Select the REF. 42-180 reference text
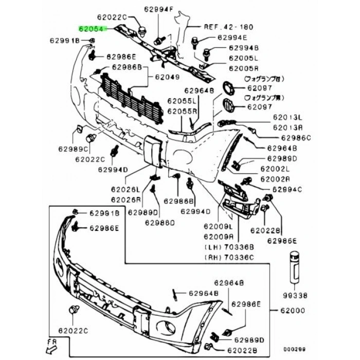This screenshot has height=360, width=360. pyautogui.click(x=223, y=27)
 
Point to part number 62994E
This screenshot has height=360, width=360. pyautogui.click(x=232, y=37)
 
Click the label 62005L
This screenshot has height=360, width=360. pyautogui.click(x=244, y=59)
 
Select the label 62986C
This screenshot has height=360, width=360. pyautogui.click(x=296, y=138)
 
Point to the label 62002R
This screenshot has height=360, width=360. pyautogui.click(x=275, y=179)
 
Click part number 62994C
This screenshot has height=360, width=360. pyautogui.click(x=287, y=190)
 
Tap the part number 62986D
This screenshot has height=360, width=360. pyautogui.click(x=159, y=223)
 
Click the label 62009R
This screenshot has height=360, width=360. pyautogui.click(x=219, y=237)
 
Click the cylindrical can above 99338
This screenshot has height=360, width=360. pyautogui.click(x=295, y=266)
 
